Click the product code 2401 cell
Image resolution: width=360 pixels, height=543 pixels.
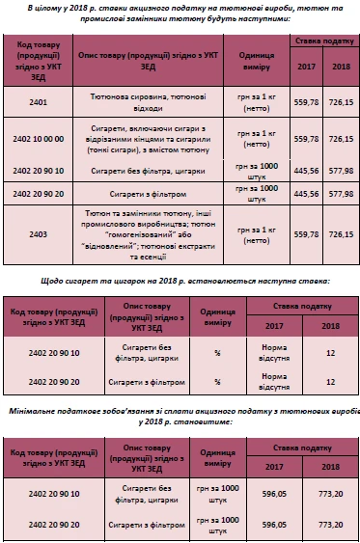[x=39, y=101]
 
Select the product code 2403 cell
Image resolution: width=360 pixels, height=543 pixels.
[x=39, y=233]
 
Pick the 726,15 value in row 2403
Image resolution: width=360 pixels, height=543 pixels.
[x=341, y=233]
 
